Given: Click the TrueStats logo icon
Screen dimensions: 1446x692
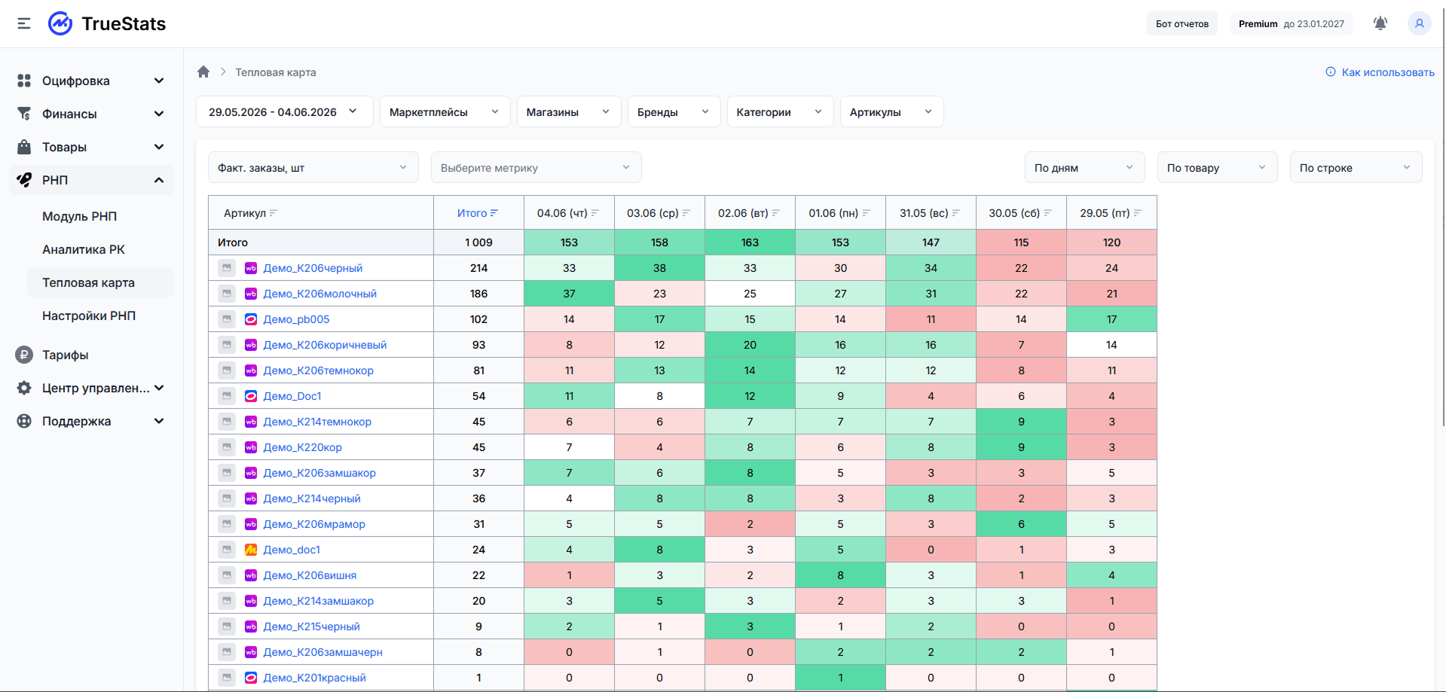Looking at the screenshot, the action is (60, 23).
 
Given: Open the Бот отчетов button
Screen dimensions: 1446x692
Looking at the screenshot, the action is (1182, 24).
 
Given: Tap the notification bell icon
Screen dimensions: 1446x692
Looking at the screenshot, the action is (1380, 23).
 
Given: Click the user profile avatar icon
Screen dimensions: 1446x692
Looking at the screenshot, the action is (1419, 23).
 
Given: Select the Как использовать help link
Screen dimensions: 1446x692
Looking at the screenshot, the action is (1380, 72).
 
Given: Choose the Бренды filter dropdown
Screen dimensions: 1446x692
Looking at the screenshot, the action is (674, 111).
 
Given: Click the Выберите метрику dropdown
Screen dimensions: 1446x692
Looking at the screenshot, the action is (536, 167).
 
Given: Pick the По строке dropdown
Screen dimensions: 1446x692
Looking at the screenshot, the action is (1356, 167).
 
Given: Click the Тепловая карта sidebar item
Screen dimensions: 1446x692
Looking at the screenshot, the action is (88, 282).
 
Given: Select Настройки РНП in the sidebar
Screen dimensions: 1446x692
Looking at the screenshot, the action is (89, 316).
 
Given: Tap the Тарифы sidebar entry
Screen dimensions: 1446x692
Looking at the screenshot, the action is (65, 355).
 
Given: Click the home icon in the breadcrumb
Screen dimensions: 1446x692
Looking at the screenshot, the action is (203, 72).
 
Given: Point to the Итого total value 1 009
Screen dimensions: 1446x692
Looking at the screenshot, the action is (478, 242).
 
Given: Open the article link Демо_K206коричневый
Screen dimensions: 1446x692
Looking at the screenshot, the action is (325, 345).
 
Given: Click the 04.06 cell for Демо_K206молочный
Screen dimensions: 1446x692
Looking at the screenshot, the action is (569, 294).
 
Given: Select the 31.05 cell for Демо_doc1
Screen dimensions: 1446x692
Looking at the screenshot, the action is (931, 550).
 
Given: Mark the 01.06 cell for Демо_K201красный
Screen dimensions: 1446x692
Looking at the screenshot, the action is (840, 678).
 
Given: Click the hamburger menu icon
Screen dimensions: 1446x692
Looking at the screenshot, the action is (24, 23).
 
